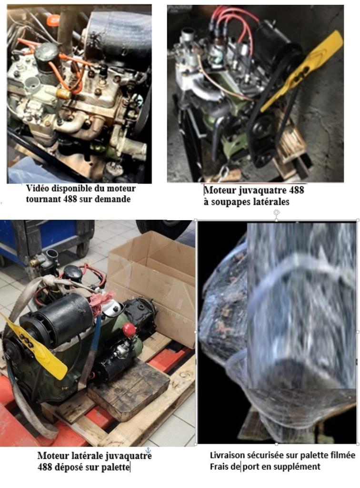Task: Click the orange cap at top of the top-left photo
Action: [x=52, y=20]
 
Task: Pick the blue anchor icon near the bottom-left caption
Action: [x=148, y=450]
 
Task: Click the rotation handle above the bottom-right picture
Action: [x=276, y=212]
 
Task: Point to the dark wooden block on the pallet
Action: [x=129, y=393]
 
